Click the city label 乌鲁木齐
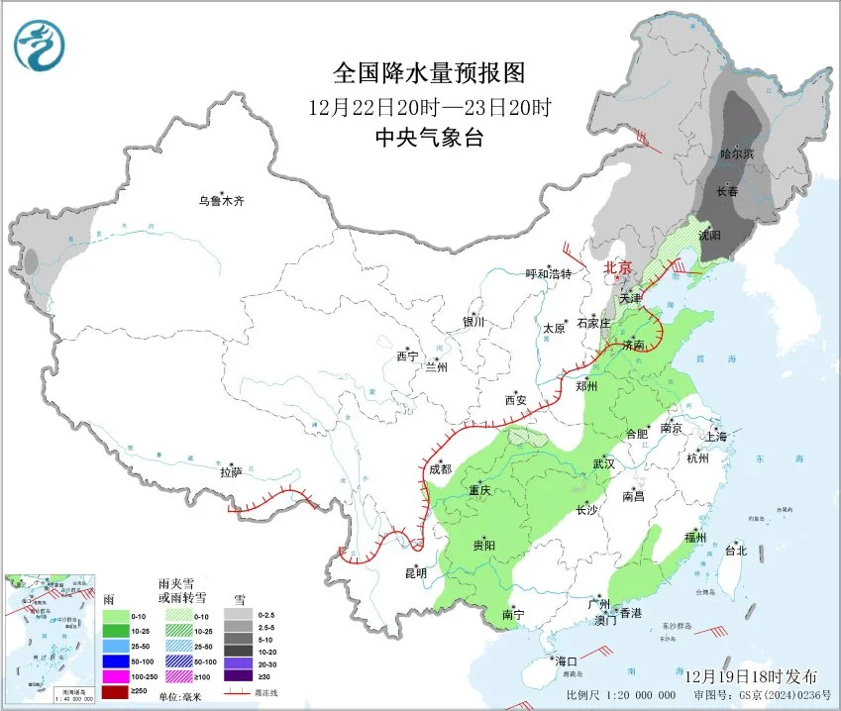[x=220, y=201]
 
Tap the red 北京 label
[x=618, y=267]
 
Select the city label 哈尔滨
[x=736, y=154]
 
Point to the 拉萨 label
[x=231, y=472]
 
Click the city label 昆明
[x=416, y=572]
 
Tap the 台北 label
[x=735, y=551]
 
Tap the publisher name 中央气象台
[x=429, y=139]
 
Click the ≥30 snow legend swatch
[x=238, y=675]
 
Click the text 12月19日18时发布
[x=752, y=676]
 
